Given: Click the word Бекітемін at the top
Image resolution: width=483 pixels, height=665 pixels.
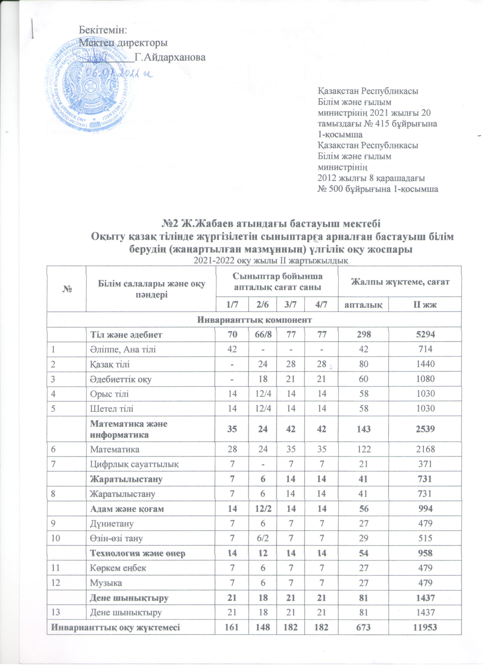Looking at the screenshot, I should click(103, 30).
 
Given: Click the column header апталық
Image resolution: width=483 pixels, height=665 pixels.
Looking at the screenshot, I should click(363, 305).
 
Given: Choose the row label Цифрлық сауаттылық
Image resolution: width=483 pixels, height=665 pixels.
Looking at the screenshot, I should click(134, 464).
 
